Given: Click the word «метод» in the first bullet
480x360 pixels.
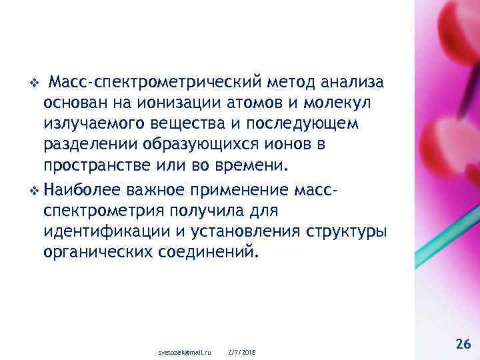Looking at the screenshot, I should pos(291,83).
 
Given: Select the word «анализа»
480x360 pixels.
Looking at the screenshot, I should pos(352,83).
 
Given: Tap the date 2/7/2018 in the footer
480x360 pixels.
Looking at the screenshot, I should pos(243,351).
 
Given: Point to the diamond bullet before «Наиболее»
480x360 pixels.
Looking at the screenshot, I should pos(35,190).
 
